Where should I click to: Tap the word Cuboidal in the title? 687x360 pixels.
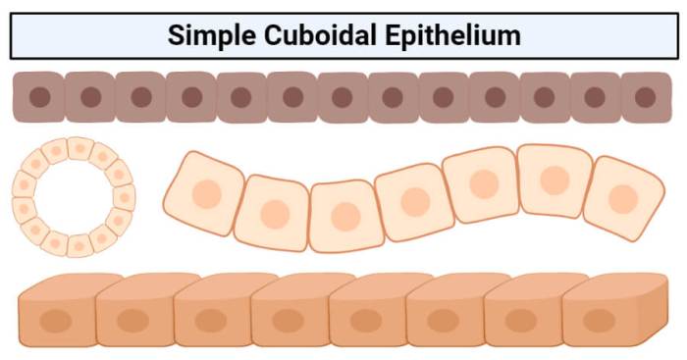click(x=320, y=34)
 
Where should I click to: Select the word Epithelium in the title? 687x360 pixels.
click(x=453, y=35)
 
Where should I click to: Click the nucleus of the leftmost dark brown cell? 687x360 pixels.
click(x=40, y=97)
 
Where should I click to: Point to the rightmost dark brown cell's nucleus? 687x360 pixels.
click(x=646, y=97)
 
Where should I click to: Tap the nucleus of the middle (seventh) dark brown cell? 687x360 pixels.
click(x=343, y=97)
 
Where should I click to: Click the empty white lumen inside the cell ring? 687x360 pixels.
click(x=74, y=197)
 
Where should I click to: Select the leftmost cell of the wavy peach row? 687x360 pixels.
click(x=204, y=193)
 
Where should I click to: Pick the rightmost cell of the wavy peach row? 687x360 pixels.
click(x=624, y=198)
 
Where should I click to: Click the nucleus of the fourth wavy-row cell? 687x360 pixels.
click(x=415, y=202)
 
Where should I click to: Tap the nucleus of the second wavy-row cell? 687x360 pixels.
click(x=275, y=215)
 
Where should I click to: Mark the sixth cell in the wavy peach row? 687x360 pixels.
click(x=555, y=180)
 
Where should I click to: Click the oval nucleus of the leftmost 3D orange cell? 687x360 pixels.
click(x=56, y=321)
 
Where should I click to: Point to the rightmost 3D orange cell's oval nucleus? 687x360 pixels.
click(x=599, y=321)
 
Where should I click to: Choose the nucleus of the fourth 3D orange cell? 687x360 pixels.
click(x=288, y=321)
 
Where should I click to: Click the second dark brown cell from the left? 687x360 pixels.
click(x=90, y=97)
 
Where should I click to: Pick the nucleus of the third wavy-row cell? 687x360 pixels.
click(x=345, y=217)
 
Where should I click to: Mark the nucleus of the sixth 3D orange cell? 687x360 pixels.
click(x=443, y=321)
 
